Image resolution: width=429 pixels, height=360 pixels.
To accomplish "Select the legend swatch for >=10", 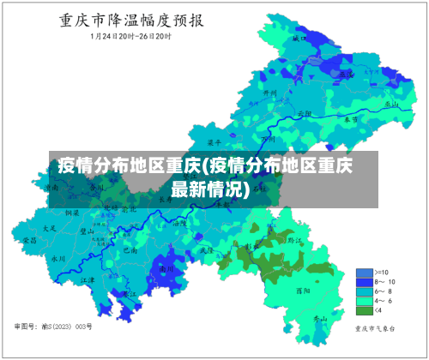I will coord(364,273).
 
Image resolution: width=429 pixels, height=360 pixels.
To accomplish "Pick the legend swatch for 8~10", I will coord(364,282).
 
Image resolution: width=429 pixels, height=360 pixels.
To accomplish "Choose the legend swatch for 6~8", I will coord(364,291).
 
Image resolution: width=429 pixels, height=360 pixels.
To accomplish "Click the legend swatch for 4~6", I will coord(364,301).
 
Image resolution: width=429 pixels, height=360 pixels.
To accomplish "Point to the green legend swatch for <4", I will coord(364,310).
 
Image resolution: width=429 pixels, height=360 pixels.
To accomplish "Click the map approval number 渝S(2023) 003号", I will coord(53,327).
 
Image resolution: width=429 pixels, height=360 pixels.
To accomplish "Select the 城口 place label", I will coord(299,39).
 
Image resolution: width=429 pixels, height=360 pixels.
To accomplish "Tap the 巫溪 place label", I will coord(345,75).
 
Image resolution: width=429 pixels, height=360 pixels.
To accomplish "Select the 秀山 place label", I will coord(319,319).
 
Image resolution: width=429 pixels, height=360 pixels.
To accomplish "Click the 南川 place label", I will coord(166,268).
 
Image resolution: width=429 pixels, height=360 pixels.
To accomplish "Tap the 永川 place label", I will coord(58,257).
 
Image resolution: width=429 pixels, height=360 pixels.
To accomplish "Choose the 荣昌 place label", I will coord(30,242).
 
